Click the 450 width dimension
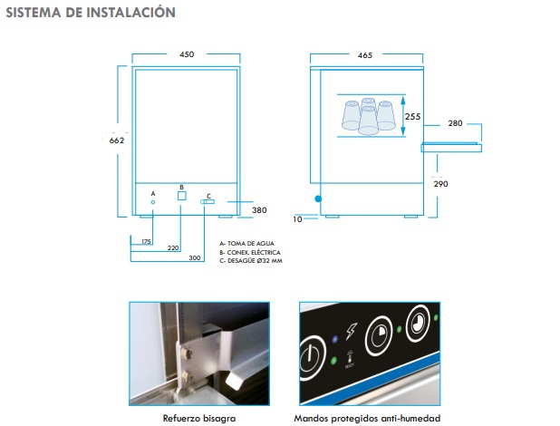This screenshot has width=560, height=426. click(x=187, y=54)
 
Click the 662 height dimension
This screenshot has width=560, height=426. click(x=117, y=140)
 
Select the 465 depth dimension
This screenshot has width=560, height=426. click(x=365, y=55)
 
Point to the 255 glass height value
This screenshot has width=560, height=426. click(x=412, y=117)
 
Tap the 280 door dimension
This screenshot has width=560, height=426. click(x=456, y=123)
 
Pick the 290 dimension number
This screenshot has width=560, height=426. click(x=440, y=184)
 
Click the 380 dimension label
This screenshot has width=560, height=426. click(x=259, y=210)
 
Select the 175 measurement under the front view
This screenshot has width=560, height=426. click(x=146, y=242)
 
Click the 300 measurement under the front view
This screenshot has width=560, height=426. click(x=195, y=257)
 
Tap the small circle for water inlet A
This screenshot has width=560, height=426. click(x=153, y=202)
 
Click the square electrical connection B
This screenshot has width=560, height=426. click(x=182, y=196)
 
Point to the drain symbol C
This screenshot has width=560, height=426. click(x=208, y=202)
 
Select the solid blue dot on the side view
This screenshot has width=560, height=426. click(x=318, y=199)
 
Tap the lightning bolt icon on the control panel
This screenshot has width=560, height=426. click(x=351, y=331)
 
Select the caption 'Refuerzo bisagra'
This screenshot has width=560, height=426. click(x=199, y=418)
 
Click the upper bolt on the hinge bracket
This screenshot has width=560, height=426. click(x=186, y=354)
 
